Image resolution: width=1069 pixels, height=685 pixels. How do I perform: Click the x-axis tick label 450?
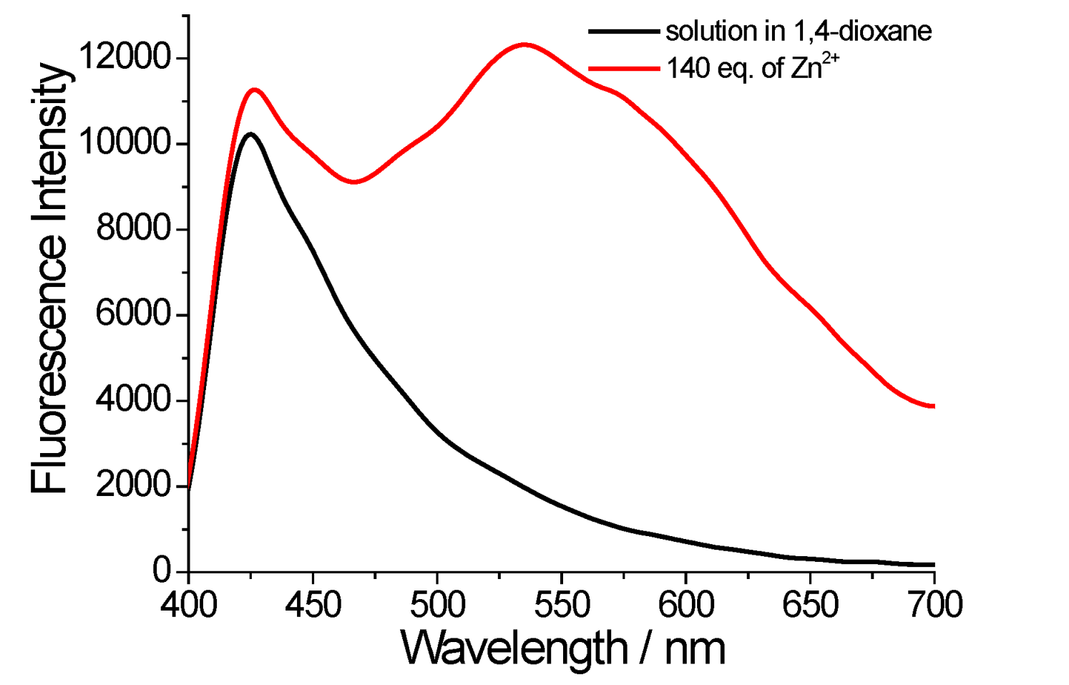click(312, 605)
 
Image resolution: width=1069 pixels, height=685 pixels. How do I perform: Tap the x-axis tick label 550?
click(561, 605)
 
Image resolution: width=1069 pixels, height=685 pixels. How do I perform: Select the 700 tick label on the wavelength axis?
click(934, 605)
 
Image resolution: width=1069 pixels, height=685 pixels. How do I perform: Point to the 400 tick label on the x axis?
click(188, 605)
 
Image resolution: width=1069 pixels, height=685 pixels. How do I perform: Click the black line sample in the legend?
click(623, 31)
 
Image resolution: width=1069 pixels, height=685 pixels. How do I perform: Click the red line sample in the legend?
click(623, 69)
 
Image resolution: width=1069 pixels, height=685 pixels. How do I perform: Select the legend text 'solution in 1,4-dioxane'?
click(799, 31)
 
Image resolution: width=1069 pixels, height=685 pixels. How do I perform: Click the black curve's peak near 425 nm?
click(250, 134)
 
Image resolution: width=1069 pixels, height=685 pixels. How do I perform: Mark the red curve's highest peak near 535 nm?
click(524, 44)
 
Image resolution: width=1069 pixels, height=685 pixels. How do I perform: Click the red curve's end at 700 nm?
click(933, 406)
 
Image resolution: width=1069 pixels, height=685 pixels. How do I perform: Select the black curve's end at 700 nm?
click(933, 565)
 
